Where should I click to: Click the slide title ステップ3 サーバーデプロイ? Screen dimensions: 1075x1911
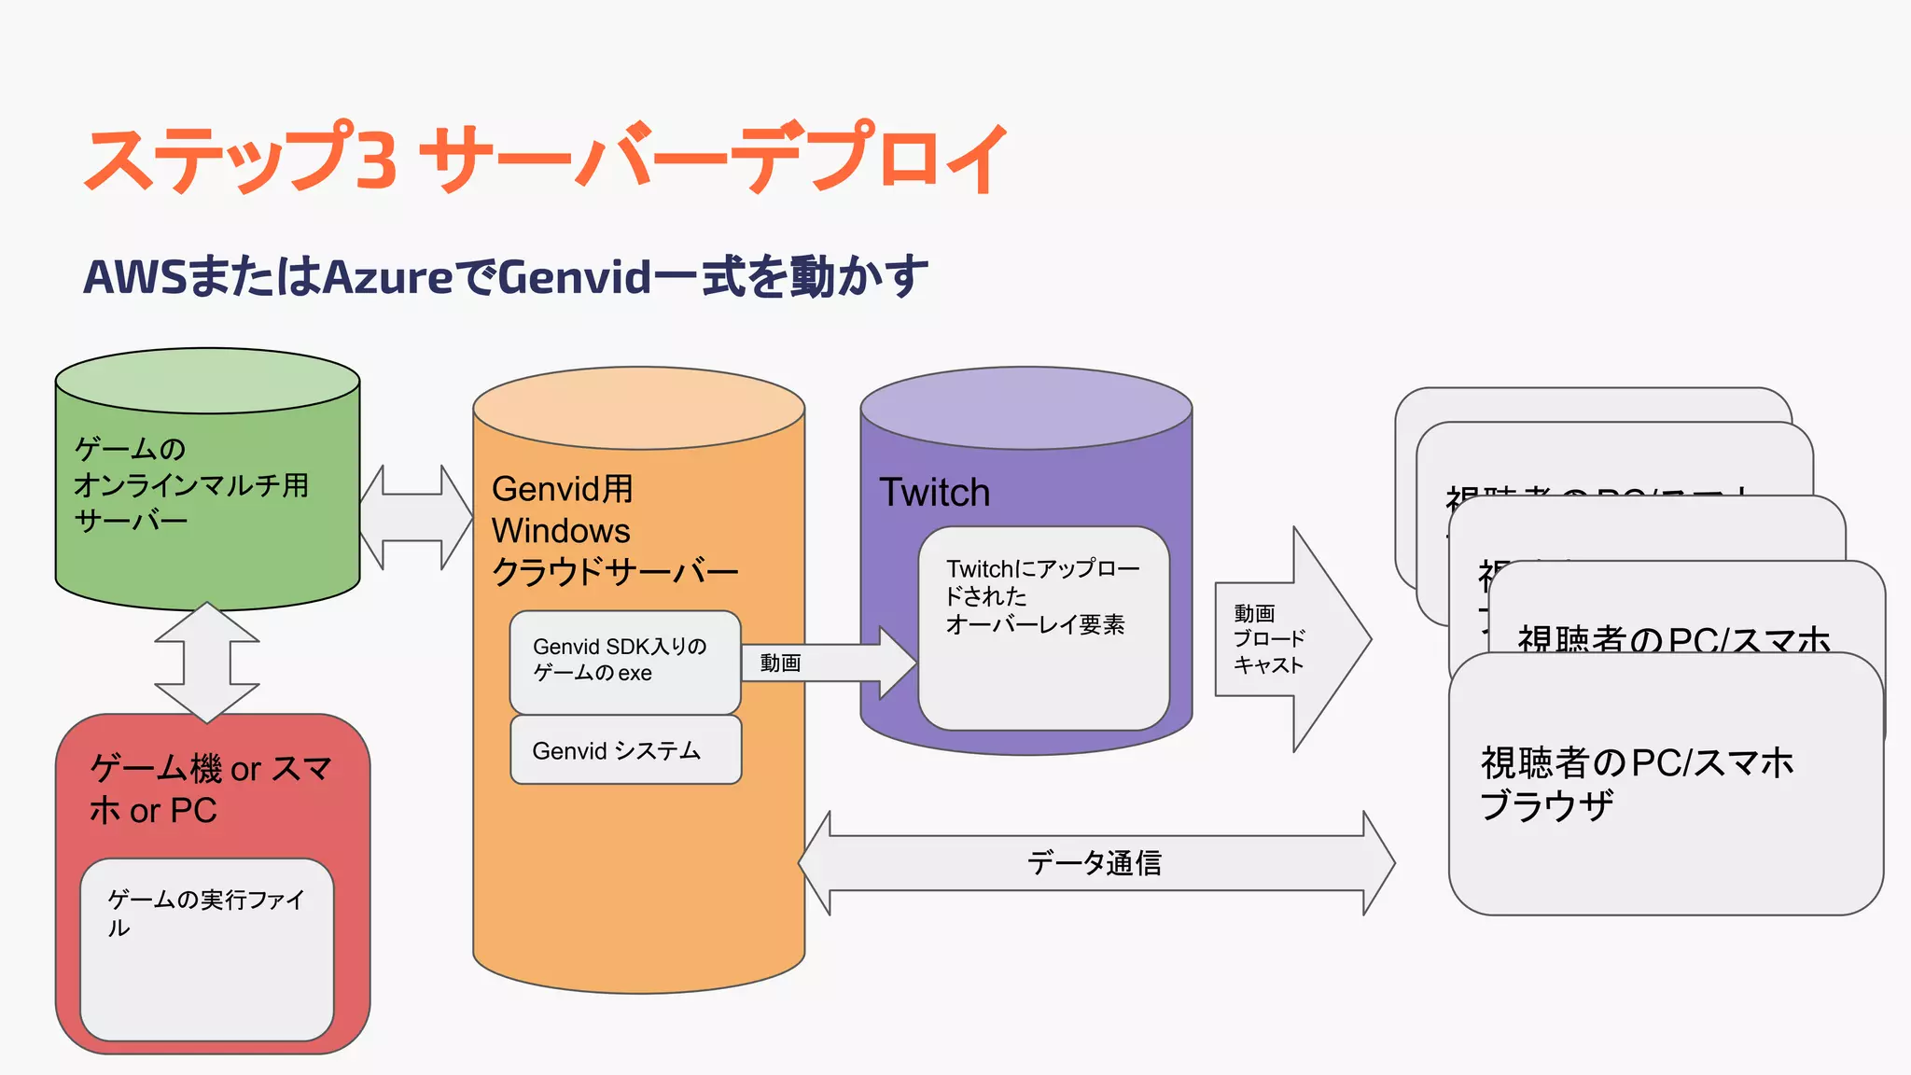[x=546, y=159]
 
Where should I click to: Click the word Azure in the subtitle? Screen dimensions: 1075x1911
[x=387, y=277]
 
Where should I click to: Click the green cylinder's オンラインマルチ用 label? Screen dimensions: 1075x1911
[x=191, y=485]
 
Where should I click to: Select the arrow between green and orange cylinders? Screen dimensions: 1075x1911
[x=416, y=518]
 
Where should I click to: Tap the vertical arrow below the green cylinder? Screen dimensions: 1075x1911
[x=206, y=663]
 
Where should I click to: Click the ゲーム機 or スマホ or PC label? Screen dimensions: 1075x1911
[x=210, y=789]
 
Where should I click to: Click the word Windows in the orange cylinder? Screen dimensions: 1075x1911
[x=561, y=531]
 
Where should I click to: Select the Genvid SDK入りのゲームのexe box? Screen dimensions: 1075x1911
[x=624, y=662]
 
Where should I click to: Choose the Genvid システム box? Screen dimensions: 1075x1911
[x=625, y=750]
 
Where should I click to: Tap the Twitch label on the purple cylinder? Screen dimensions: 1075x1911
[x=934, y=493]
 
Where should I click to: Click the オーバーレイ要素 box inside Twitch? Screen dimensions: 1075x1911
[x=1043, y=627]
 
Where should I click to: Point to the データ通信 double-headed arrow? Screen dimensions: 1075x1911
[x=1096, y=863]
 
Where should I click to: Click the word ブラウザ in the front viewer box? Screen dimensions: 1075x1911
[x=1546, y=805]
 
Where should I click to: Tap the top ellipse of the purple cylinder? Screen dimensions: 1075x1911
[x=1025, y=408]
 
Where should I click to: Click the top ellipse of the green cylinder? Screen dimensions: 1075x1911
[x=207, y=381]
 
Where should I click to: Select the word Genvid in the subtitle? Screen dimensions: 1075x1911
[x=574, y=277]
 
